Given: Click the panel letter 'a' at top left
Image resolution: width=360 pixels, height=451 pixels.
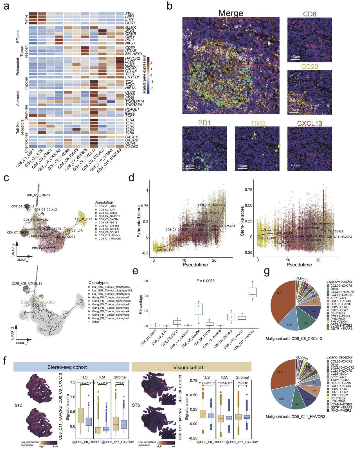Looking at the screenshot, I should pos(6,6).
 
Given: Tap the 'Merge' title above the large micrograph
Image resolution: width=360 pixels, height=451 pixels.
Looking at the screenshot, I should pos(231,13).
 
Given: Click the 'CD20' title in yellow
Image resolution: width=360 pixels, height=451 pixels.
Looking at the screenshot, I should pos(309,66).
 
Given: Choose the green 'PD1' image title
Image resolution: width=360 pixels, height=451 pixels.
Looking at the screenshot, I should pos(204,123).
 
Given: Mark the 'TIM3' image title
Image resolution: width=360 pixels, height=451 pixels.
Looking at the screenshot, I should pos(257,123).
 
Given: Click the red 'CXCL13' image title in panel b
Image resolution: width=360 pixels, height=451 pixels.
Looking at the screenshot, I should pos(309,123).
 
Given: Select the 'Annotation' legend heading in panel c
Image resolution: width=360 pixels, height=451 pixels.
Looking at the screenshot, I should pos(104,202).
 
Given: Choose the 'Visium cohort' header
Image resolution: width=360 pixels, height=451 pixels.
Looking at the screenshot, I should pos(188,367).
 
